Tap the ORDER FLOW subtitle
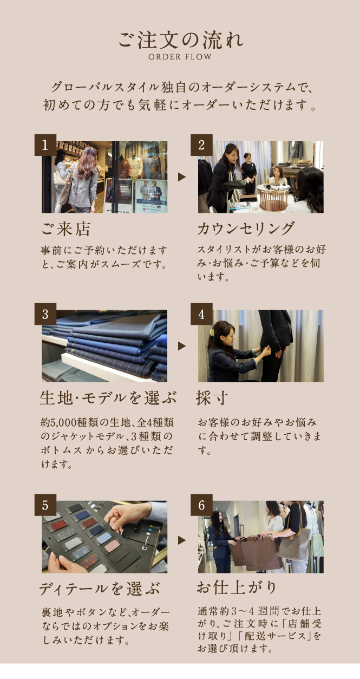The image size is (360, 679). point(180,57)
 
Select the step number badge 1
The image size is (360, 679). point(45,145)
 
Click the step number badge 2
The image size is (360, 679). point(201,145)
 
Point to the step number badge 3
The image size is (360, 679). point(45,314)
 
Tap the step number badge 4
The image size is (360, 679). point(201,314)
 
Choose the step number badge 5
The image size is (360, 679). point(45,505)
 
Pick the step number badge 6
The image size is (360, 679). point(201,505)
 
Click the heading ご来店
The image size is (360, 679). point(66,229)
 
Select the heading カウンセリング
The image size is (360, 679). point(246,228)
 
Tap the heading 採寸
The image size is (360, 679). point(212,397)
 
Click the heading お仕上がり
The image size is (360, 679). point(237,587)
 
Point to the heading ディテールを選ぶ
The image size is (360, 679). point(100,589)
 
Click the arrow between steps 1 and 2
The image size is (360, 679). point(181,177)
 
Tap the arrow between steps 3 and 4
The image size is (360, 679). point(181,346)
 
